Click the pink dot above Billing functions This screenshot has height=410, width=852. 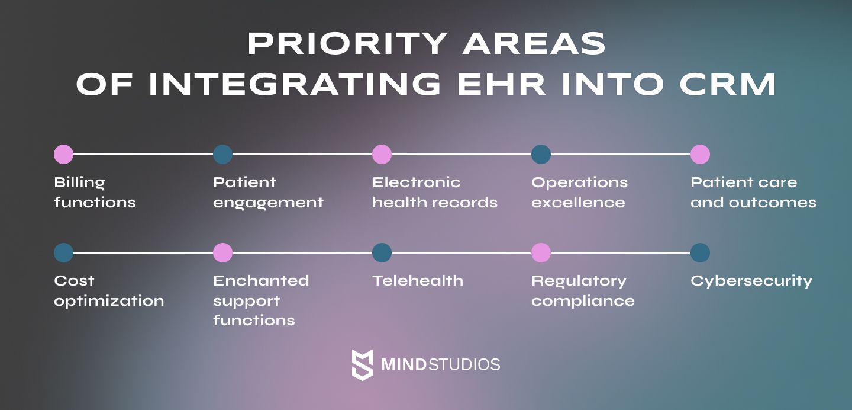(x=63, y=154)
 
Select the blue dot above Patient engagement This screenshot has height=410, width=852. (x=223, y=154)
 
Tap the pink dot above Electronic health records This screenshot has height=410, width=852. (x=382, y=154)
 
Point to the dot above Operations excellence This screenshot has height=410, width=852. (x=541, y=154)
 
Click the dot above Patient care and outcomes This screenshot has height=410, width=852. (x=701, y=154)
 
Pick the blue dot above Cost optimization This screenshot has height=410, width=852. (x=63, y=252)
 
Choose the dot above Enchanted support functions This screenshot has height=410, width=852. (x=223, y=252)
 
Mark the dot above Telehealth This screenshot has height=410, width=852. (x=382, y=252)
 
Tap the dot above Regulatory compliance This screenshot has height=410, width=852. (x=541, y=252)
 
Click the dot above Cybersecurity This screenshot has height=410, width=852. (x=701, y=252)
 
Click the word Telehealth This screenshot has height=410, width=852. (x=418, y=281)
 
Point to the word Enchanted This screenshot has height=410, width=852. (x=261, y=281)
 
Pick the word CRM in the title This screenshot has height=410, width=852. (x=728, y=84)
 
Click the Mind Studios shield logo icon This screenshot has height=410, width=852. (x=362, y=364)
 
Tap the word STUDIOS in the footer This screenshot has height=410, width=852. (x=464, y=364)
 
